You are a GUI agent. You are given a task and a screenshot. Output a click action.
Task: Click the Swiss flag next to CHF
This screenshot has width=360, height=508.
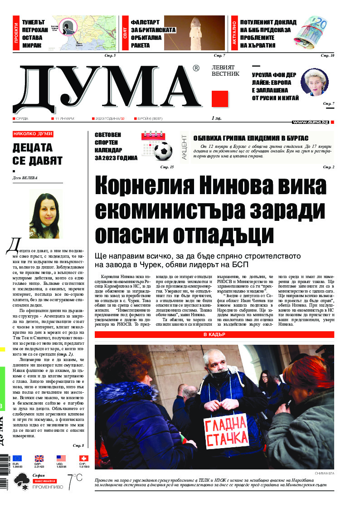click(84, 459)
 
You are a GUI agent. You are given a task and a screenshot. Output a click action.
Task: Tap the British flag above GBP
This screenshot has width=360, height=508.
click(39, 459)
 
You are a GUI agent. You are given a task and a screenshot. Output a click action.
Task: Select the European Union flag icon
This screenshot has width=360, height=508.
click(17, 459)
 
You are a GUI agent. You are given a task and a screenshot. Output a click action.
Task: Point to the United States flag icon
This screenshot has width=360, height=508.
click(61, 459)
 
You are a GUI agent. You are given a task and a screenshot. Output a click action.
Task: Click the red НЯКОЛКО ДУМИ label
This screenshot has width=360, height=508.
click(33, 134)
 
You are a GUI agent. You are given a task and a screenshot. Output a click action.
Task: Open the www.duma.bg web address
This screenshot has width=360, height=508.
click(311, 122)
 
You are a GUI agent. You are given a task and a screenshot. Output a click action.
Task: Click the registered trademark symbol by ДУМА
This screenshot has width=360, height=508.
click(195, 68)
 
